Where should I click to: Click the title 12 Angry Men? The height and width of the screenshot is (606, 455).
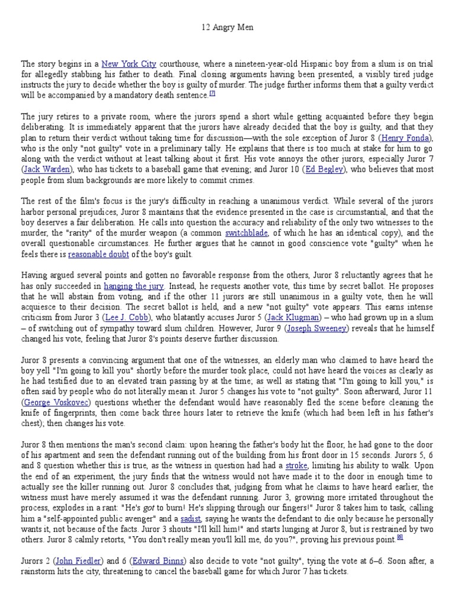pyautogui.click(x=228, y=28)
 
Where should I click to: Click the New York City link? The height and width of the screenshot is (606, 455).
pyautogui.click(x=127, y=63)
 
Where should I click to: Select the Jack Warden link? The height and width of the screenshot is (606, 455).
pyautogui.click(x=44, y=169)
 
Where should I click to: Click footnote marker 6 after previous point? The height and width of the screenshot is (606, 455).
pyautogui.click(x=400, y=551)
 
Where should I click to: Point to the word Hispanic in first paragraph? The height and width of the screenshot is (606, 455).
pyautogui.click(x=294, y=63)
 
